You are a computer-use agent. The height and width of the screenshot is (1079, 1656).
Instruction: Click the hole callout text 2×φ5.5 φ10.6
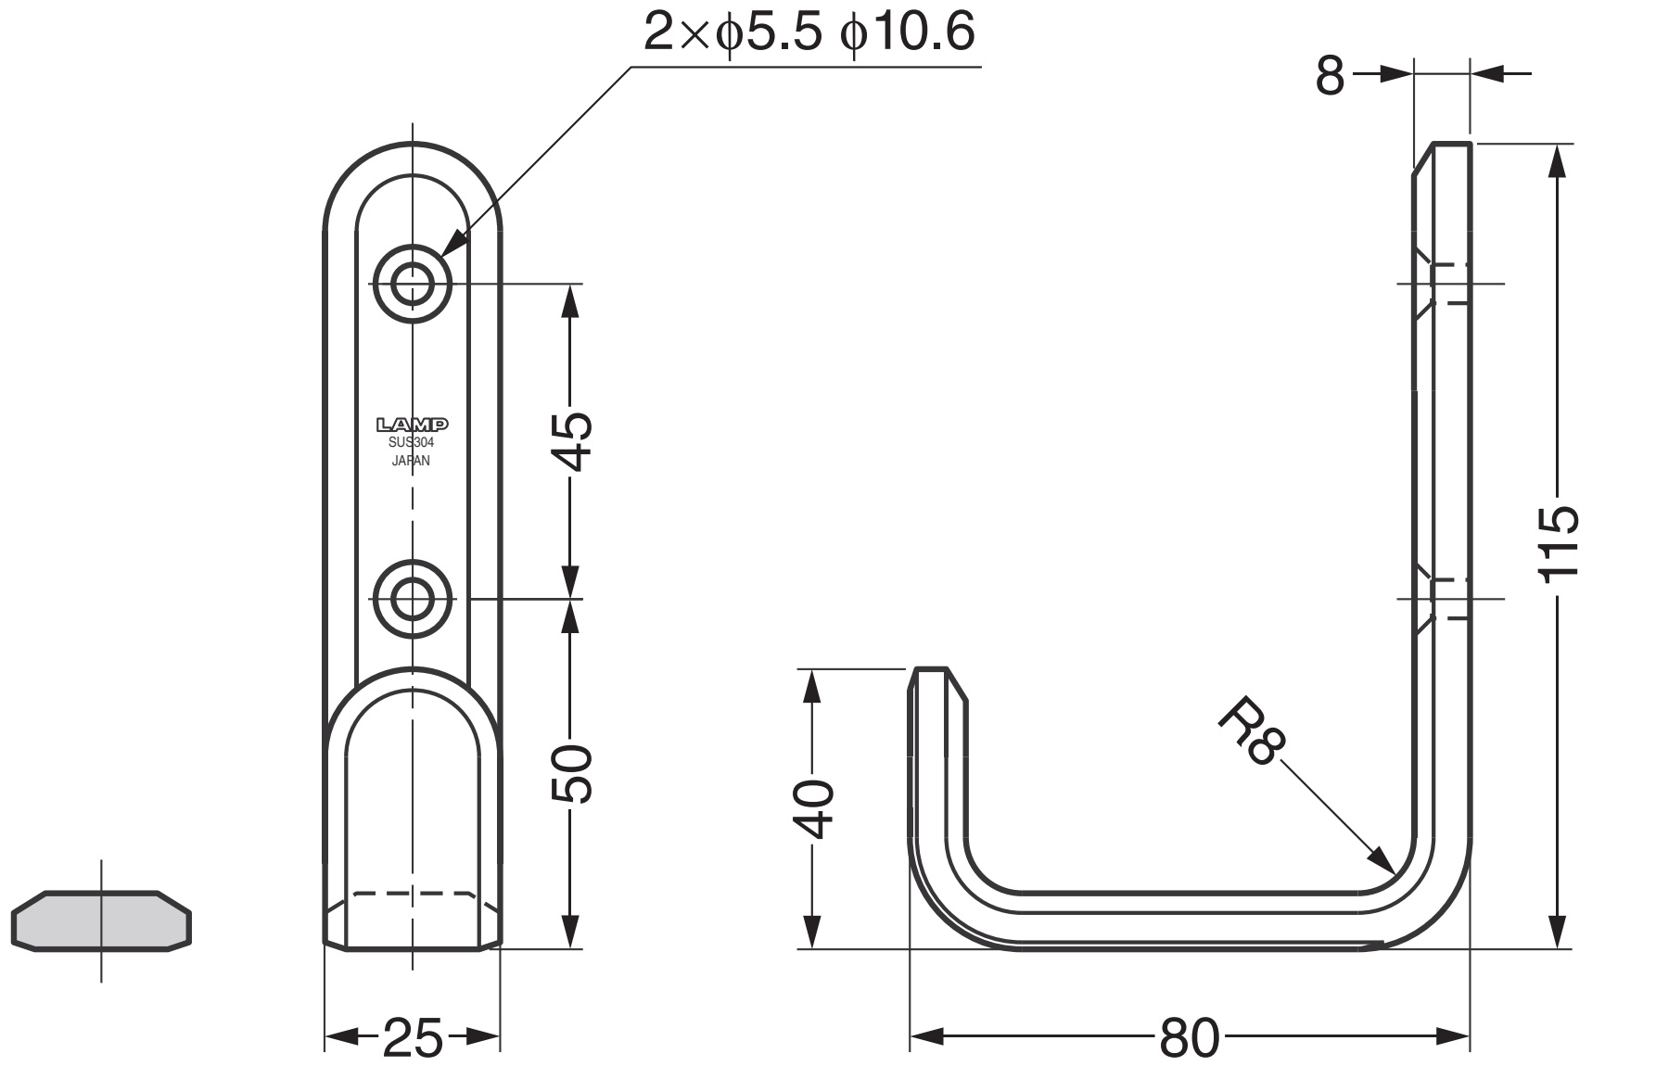809,33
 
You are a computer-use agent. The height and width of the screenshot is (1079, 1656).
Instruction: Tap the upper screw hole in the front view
412,284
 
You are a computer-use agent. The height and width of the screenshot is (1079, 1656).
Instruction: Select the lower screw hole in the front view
412,599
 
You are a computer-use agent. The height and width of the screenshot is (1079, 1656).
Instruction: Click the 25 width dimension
412,1038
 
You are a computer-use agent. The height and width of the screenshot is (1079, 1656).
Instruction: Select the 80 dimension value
1189,1038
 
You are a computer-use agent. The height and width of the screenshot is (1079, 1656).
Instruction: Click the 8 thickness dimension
1330,76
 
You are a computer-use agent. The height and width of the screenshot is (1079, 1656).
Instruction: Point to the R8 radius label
1252,733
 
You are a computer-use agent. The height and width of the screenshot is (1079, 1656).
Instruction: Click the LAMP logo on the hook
412,425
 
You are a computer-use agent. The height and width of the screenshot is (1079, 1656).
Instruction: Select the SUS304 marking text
412,443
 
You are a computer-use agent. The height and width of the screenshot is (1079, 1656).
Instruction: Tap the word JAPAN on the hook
412,461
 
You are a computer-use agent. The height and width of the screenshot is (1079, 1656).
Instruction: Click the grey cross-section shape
101,921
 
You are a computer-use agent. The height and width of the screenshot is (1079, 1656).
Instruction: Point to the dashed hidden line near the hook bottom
412,894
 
